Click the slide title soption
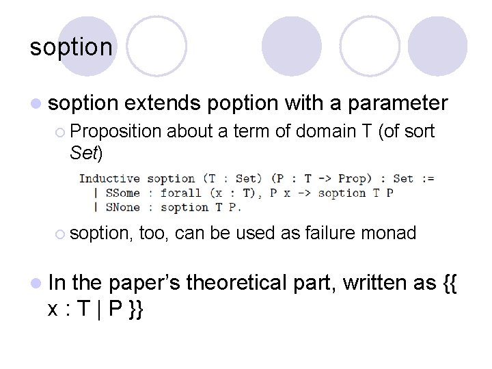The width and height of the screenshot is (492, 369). click(71, 47)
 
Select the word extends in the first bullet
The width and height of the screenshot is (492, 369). click(163, 103)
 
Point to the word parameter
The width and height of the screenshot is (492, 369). click(398, 103)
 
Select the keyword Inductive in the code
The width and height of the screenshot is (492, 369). click(109, 178)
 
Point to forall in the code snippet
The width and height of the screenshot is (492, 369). click(181, 193)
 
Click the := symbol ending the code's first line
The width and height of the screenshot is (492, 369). click(426, 178)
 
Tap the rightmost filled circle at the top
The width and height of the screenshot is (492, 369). click(437, 46)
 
